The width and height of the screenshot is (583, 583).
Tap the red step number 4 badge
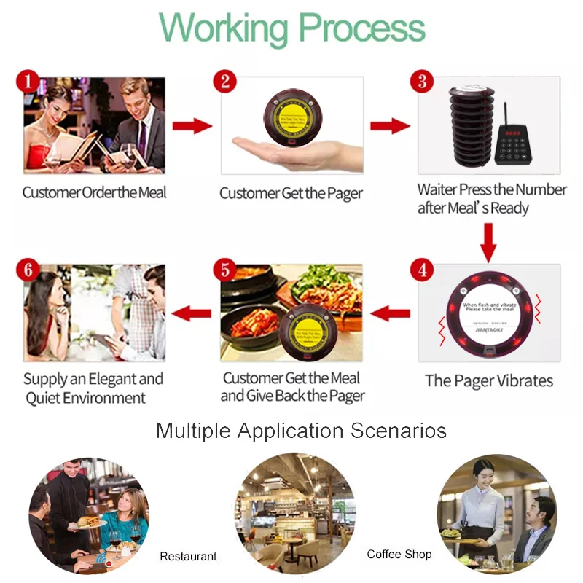(x=421, y=270)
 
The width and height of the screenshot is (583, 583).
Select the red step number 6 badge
(x=28, y=270)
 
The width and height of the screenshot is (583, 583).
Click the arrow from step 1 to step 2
(x=192, y=126)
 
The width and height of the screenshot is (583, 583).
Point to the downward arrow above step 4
(x=488, y=241)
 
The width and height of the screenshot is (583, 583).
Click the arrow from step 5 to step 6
(x=190, y=314)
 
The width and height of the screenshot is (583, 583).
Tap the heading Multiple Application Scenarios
(x=301, y=431)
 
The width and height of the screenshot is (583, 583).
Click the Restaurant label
(x=188, y=556)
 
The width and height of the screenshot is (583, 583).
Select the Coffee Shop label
(x=399, y=555)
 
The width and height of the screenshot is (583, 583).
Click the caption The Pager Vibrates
(x=488, y=381)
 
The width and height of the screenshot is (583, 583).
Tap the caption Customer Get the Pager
(x=291, y=193)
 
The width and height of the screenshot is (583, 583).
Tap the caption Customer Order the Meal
(x=94, y=193)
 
